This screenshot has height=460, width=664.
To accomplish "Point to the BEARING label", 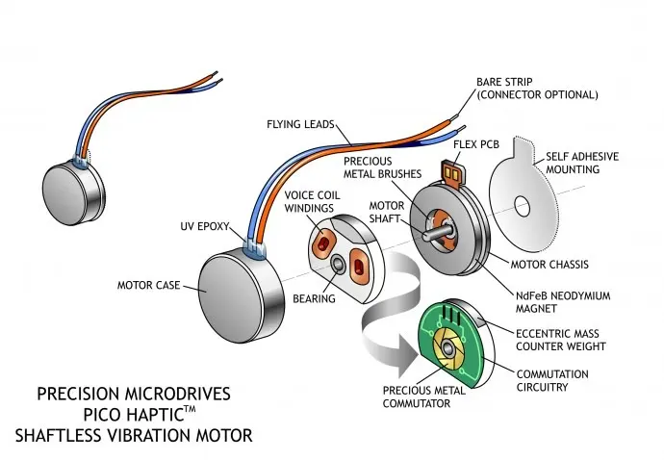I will (315, 299).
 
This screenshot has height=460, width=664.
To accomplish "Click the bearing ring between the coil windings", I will (339, 264).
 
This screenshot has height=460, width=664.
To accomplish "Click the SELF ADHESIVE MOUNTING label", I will (583, 163).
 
